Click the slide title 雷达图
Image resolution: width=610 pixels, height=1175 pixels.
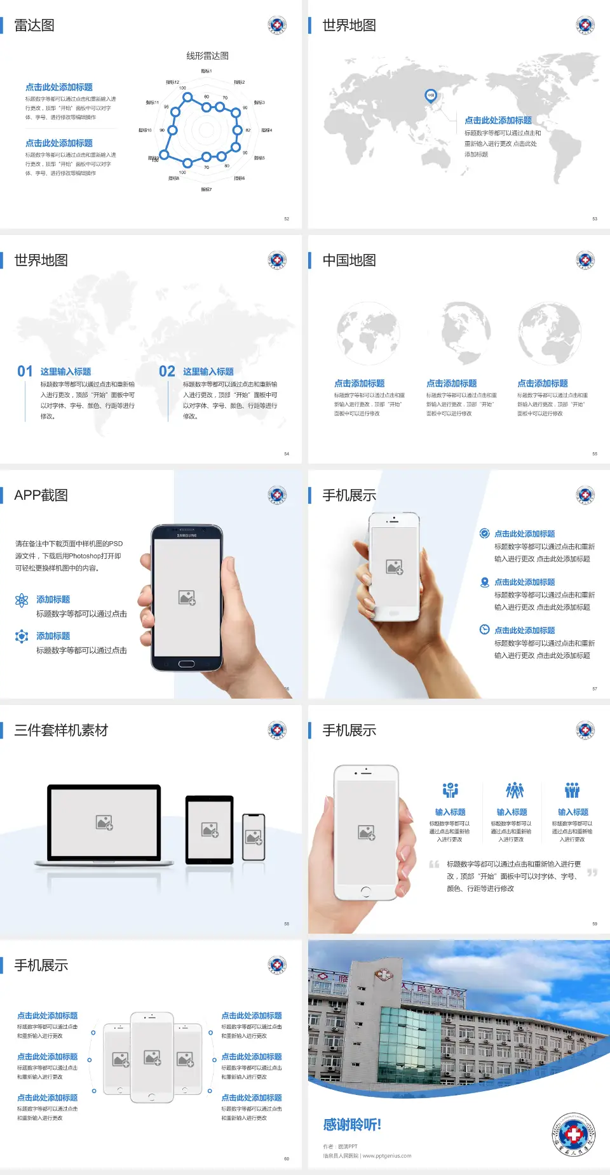coord(34,25)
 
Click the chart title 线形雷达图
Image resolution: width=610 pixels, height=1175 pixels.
coord(207,56)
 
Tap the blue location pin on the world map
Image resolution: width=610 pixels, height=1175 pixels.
coord(430,96)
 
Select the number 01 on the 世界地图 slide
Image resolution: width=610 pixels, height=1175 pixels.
coord(25,372)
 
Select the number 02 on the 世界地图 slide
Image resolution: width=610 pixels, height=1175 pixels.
coord(167,372)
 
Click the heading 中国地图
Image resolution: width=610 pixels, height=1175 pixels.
coord(349,260)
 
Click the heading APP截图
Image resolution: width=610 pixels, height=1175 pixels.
coord(41,495)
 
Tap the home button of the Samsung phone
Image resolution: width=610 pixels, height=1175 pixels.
coord(186,664)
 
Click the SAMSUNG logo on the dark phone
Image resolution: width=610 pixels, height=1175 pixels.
coord(187,535)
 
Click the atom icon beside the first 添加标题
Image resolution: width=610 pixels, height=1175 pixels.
coord(22,600)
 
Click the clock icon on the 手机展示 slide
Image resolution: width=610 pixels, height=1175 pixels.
coord(484,629)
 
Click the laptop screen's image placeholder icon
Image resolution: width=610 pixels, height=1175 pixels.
coord(104,822)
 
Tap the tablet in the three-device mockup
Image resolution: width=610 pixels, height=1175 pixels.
coord(210,829)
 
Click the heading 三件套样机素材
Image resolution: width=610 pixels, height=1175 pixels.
coord(61,730)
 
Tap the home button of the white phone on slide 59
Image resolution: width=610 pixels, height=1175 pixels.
coord(365,891)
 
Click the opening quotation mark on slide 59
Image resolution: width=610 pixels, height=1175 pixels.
coord(434,864)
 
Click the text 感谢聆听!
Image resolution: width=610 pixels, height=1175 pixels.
coord(352,1125)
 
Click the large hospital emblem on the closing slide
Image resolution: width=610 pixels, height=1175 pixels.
coord(573,1134)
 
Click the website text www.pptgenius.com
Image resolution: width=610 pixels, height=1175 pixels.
coord(387,1156)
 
